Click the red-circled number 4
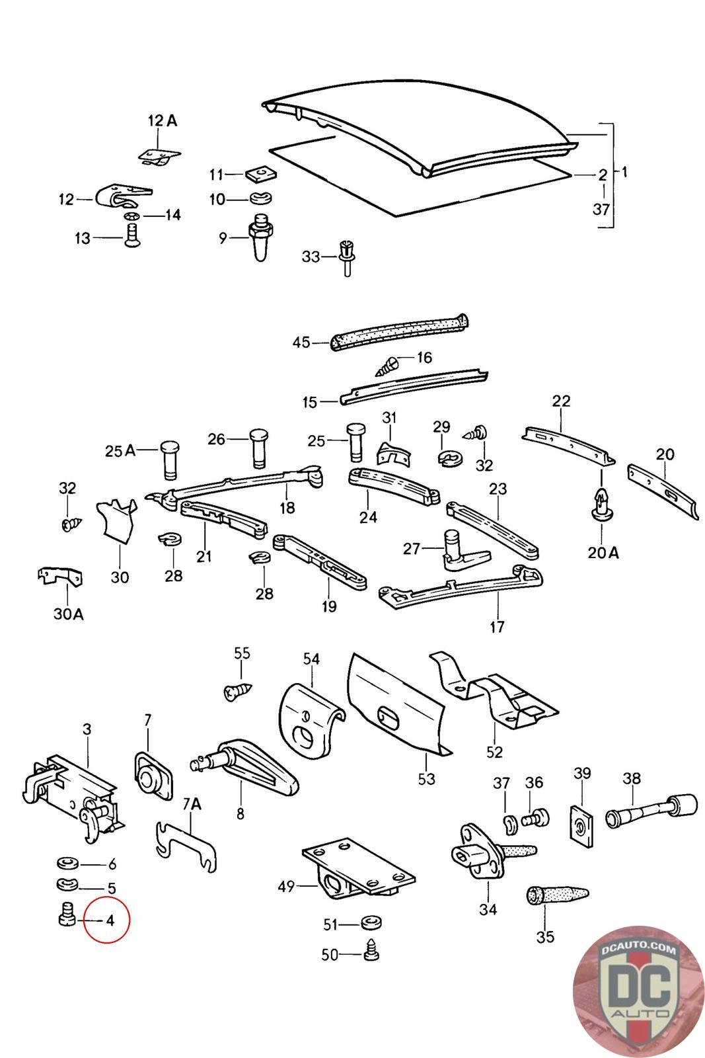(110, 920)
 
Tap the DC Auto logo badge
(638, 991)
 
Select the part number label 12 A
(163, 120)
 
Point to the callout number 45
(301, 342)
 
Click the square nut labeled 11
(260, 174)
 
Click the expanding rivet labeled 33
(346, 257)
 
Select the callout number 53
(426, 779)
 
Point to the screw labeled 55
(238, 692)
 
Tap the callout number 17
(497, 627)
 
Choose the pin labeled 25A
(170, 460)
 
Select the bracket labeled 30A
(60, 576)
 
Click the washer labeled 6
(68, 864)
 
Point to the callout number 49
(287, 886)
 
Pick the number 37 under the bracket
(601, 209)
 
